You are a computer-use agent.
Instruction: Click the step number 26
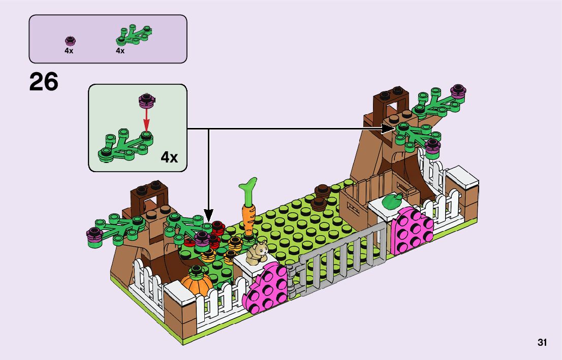point(44,82)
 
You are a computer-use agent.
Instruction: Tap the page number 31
point(542,343)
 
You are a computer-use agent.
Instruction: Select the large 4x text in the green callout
point(169,157)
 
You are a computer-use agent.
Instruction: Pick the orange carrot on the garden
point(248,219)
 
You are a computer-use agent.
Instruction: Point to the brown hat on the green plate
point(321,197)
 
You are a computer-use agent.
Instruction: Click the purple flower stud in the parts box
point(70,40)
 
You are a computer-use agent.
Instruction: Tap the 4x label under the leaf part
point(120,51)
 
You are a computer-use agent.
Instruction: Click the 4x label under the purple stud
point(69,51)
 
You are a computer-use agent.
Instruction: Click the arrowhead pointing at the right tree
point(389,129)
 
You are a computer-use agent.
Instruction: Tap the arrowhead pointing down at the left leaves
point(208,214)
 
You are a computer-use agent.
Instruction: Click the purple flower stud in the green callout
point(146,101)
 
